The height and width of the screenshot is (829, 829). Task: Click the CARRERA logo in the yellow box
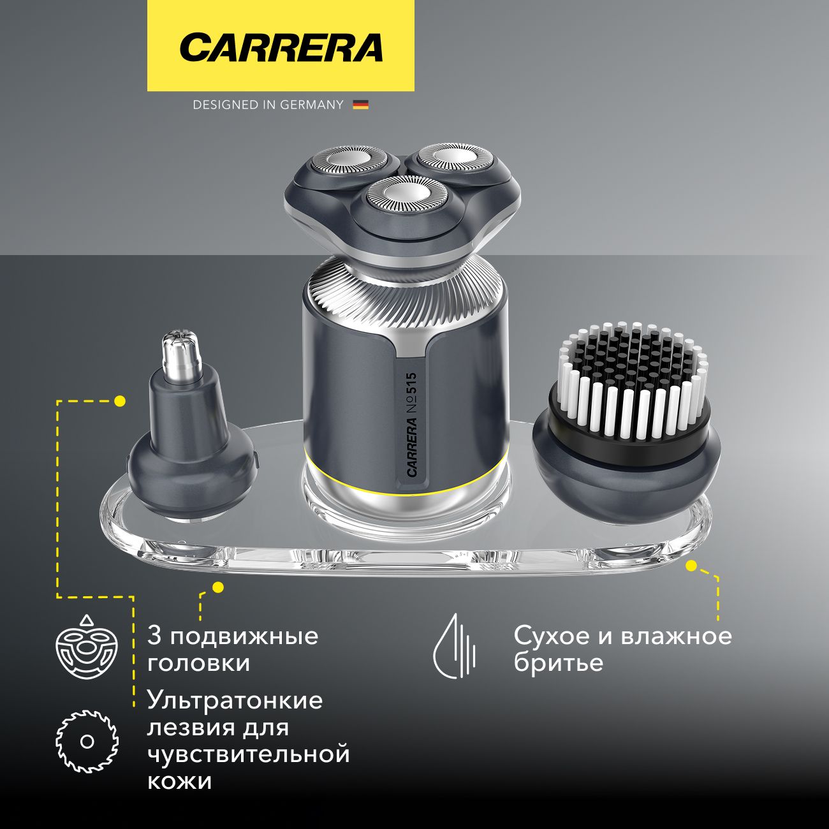(281, 48)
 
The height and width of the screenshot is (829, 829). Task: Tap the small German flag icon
(360, 105)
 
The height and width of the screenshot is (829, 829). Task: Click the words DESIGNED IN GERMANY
(268, 105)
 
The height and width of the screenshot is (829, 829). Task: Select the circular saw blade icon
(87, 742)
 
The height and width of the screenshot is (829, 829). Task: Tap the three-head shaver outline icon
(87, 648)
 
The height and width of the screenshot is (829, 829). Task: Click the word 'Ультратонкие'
(235, 700)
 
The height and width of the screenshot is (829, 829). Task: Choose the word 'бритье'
(558, 663)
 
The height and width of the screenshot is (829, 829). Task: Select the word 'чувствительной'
(248, 754)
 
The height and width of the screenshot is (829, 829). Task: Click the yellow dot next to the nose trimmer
(119, 401)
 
